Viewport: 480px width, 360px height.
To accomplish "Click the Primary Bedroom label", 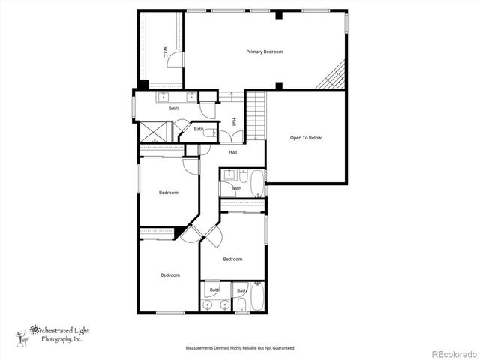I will click(x=265, y=52).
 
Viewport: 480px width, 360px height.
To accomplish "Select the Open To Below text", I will click(x=306, y=138).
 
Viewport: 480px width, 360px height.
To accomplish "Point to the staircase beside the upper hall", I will click(x=256, y=115).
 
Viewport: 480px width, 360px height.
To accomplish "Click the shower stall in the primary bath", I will click(x=155, y=132).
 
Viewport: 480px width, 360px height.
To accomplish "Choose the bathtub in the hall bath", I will click(x=256, y=184).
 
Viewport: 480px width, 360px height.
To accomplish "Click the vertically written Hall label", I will click(x=234, y=121).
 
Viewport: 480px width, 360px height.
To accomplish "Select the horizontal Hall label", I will click(x=233, y=153).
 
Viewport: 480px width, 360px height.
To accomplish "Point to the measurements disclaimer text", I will click(x=240, y=348).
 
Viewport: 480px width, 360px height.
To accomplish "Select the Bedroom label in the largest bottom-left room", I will click(x=170, y=274).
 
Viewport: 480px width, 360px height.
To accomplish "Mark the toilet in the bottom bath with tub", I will click(x=243, y=304).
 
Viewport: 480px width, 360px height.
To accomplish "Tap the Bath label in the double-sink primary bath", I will click(x=173, y=107).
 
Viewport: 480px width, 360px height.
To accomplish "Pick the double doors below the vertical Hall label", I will click(x=234, y=137).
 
